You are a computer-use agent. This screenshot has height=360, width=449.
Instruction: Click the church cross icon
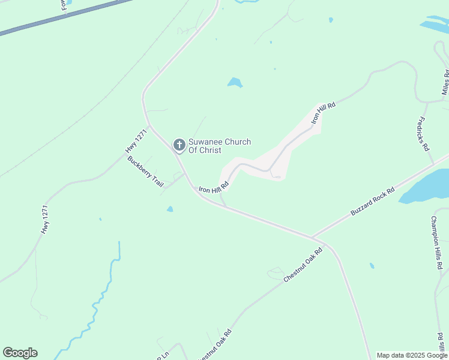click(179, 145)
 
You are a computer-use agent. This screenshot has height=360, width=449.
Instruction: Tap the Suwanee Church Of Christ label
click(220, 146)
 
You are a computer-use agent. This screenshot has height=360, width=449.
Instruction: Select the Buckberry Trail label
click(145, 172)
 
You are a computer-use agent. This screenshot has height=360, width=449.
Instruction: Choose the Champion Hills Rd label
click(437, 242)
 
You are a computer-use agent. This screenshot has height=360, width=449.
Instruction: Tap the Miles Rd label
click(445, 83)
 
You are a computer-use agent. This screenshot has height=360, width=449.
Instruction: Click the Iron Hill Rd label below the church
click(214, 188)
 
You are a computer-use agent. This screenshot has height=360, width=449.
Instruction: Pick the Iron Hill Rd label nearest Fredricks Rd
click(323, 113)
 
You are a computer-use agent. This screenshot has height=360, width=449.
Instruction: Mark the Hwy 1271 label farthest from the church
click(44, 219)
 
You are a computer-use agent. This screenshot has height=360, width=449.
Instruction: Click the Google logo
click(20, 353)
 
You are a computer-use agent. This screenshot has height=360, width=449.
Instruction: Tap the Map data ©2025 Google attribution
click(412, 355)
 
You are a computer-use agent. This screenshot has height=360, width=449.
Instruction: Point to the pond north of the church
click(235, 83)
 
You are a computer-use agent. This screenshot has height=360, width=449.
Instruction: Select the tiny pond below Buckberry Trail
click(170, 209)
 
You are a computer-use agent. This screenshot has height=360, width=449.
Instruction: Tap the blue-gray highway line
click(66, 16)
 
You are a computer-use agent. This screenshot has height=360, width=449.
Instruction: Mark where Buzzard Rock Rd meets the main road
click(312, 237)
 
